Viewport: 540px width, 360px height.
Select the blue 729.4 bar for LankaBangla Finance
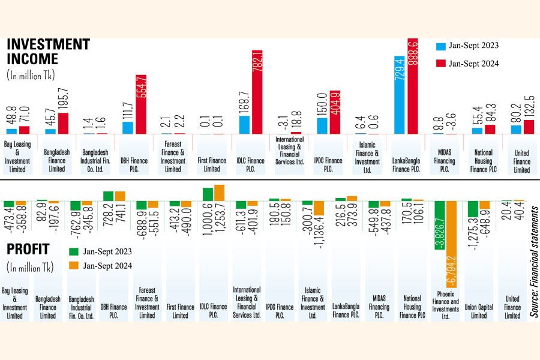[400, 94]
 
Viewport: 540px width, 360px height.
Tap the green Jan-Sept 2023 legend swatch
[75, 251]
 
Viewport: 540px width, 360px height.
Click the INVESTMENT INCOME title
[48, 52]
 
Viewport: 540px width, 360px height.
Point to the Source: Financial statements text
[533, 261]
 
